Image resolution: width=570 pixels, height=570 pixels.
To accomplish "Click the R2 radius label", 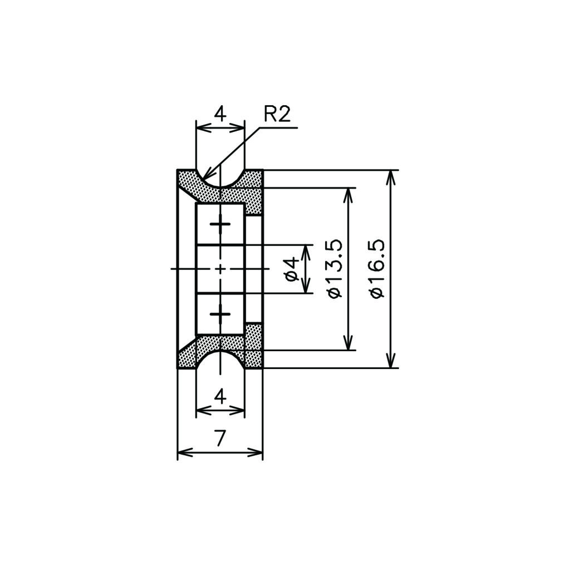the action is (277, 114).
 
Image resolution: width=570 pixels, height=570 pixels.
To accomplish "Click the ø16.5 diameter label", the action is (377, 269).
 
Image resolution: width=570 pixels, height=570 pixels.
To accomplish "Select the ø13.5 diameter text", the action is (335, 269).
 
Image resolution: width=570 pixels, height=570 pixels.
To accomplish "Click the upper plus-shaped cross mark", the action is (220, 224).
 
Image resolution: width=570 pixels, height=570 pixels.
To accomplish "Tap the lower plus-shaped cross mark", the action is (220, 314).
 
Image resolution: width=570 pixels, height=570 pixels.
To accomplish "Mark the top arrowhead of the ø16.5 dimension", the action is (391, 178).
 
